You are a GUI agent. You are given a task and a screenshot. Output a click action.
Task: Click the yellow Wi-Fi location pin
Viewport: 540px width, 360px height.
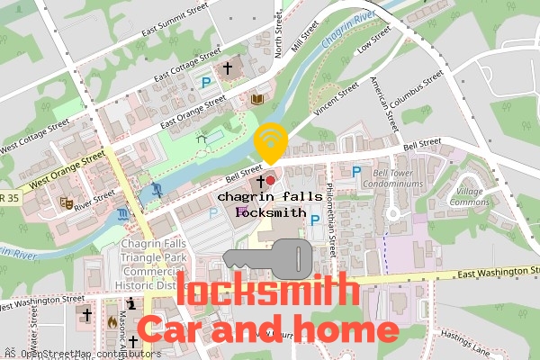pyautogui.click(x=270, y=143)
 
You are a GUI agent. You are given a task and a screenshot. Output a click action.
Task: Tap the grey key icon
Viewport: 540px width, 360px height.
pyautogui.click(x=267, y=258)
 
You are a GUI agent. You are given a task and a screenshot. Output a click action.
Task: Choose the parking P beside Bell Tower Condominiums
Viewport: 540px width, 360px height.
pyautogui.click(x=356, y=171)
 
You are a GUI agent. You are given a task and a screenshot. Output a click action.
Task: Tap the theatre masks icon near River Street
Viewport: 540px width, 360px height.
pyautogui.click(x=65, y=202)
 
